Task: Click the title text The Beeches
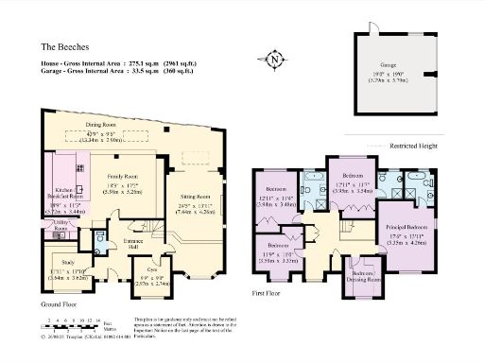63,44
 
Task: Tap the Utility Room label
60,225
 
